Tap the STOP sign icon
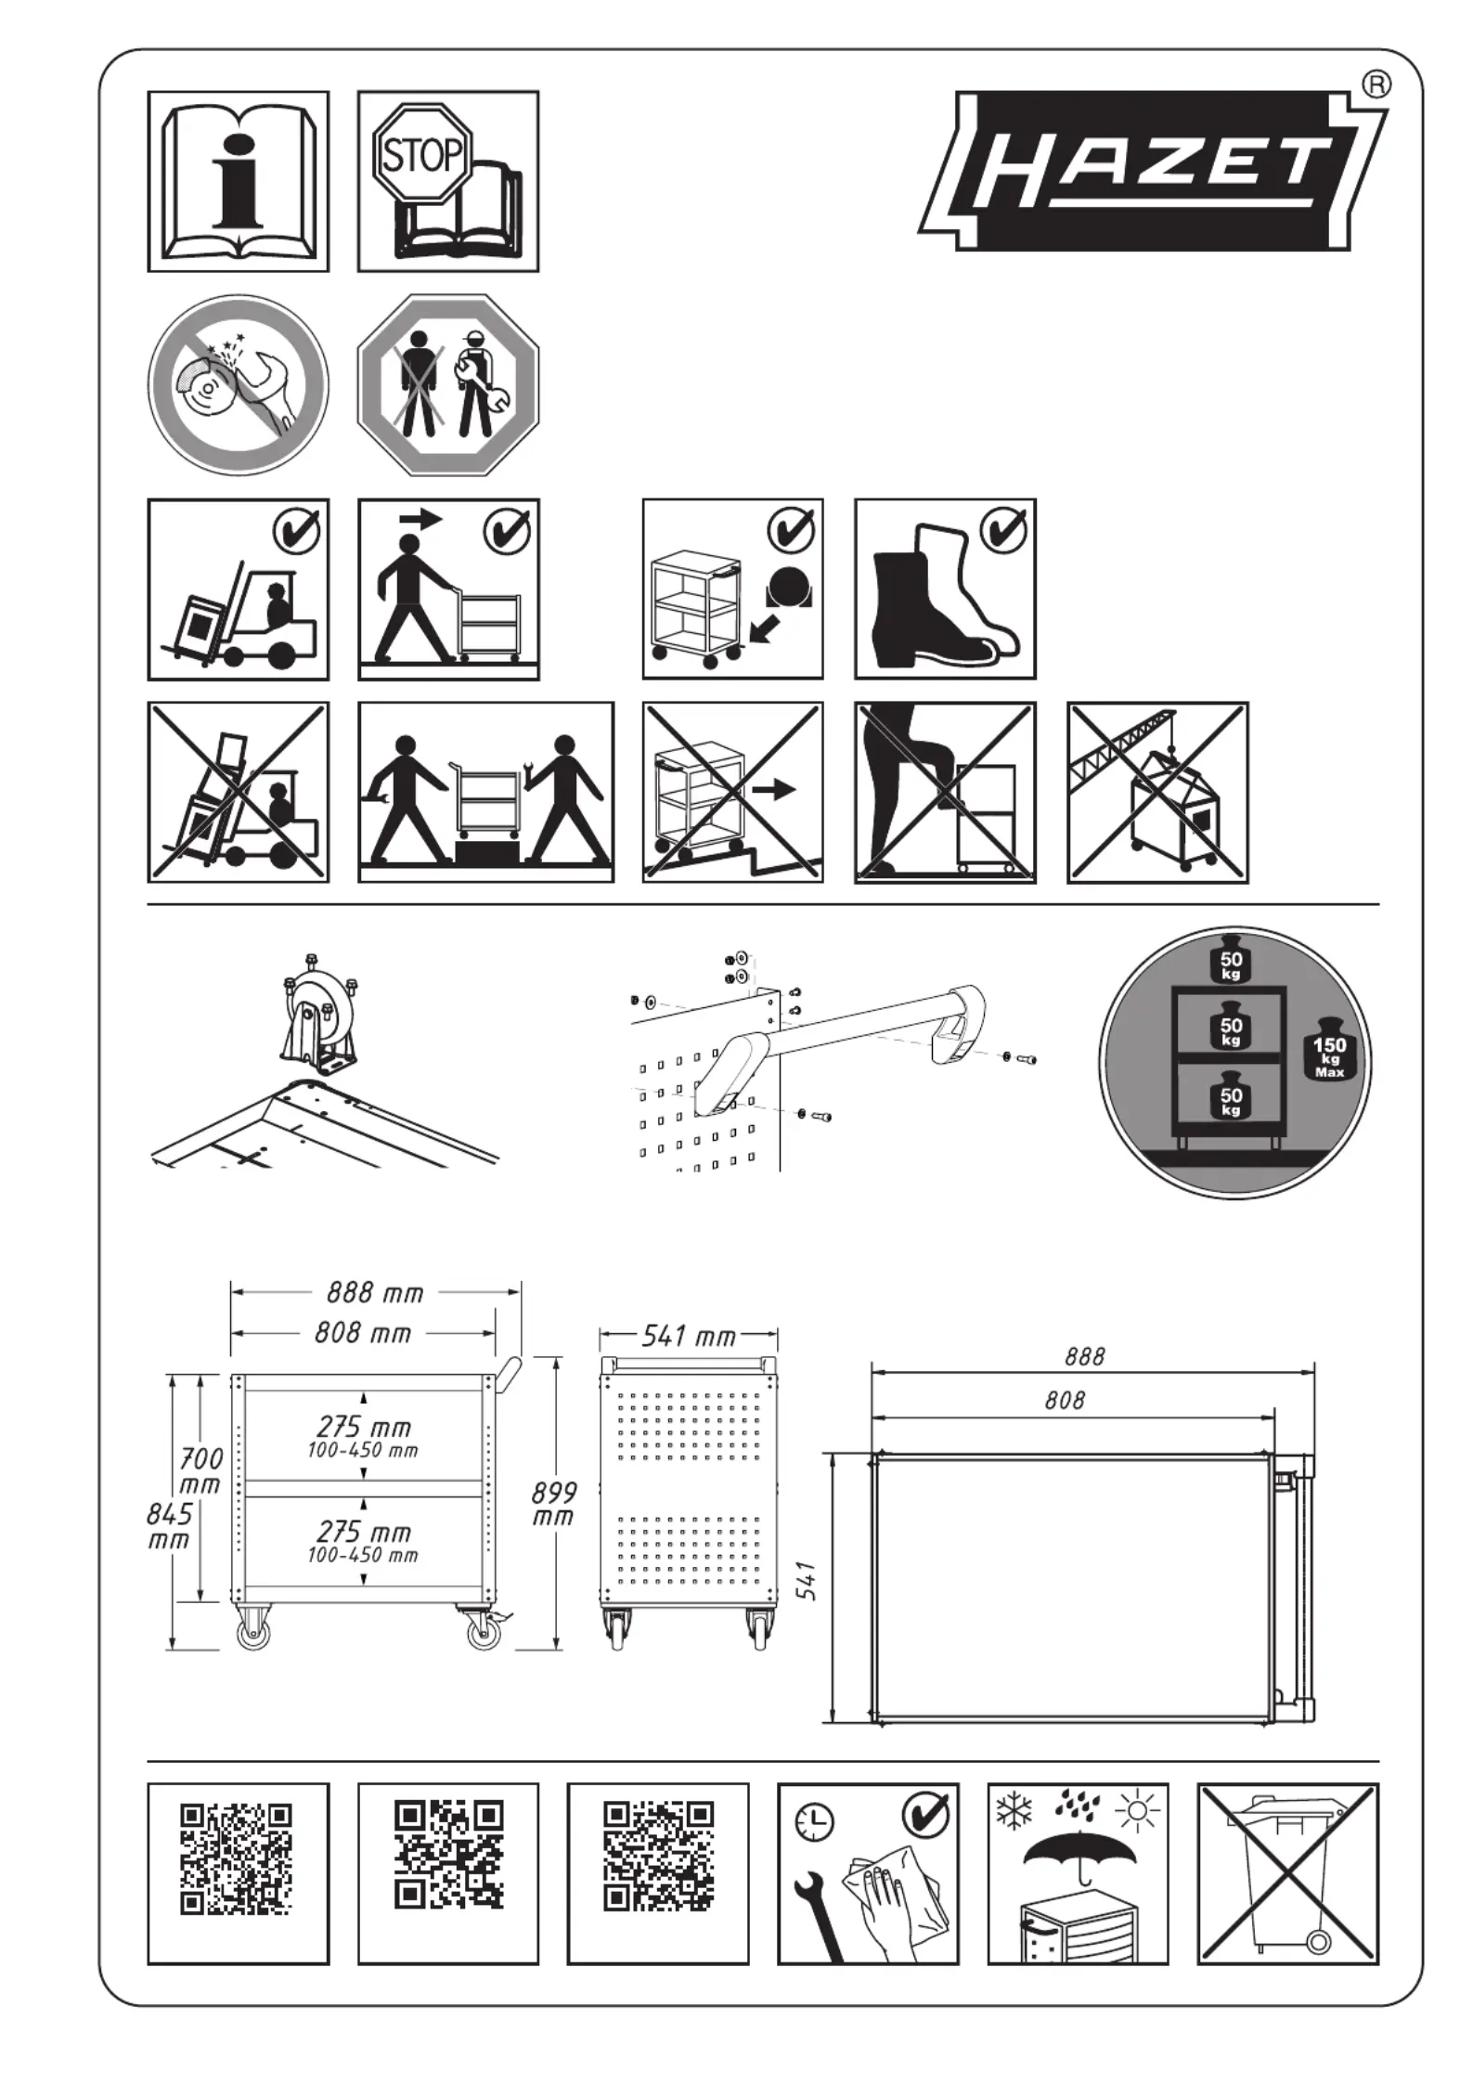pos(423,154)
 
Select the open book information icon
pos(239,181)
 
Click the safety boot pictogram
pos(945,589)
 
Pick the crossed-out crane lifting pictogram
pos(1157,793)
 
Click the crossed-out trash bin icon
pos(1288,1873)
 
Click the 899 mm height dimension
pos(553,1503)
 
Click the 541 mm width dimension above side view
pos(689,1336)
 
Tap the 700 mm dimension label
pos(200,1470)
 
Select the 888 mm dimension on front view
pos(375,1292)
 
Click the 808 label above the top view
pos(1064,1400)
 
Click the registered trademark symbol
pos(1376,85)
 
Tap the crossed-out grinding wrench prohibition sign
pos(239,385)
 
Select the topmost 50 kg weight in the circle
pos(1231,963)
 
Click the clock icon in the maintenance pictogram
pos(813,1823)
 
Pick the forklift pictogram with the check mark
pos(239,589)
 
